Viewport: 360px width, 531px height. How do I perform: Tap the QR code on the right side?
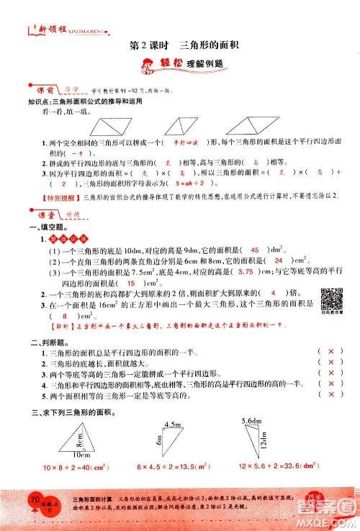(330, 297)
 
